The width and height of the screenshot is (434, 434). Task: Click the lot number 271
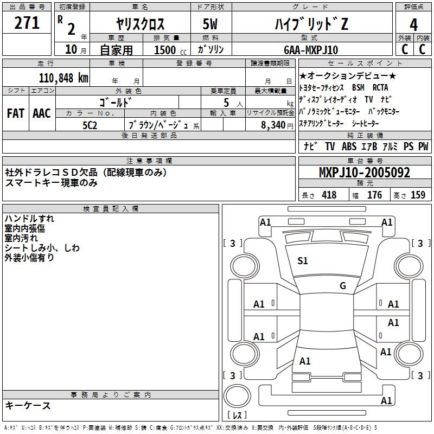click(27, 23)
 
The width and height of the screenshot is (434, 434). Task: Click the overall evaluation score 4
click(414, 24)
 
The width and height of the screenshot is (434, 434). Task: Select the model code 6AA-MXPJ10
click(311, 50)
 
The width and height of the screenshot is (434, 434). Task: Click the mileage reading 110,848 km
click(63, 78)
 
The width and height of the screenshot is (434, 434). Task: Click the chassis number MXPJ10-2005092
click(364, 173)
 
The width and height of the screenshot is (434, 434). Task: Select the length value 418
click(328, 195)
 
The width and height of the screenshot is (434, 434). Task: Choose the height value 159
click(418, 195)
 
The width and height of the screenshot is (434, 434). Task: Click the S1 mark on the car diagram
click(303, 261)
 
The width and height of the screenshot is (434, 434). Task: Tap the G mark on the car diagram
click(342, 286)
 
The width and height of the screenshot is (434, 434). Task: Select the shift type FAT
click(15, 113)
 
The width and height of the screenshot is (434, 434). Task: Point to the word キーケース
click(28, 405)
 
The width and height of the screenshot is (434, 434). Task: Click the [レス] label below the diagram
click(237, 416)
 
